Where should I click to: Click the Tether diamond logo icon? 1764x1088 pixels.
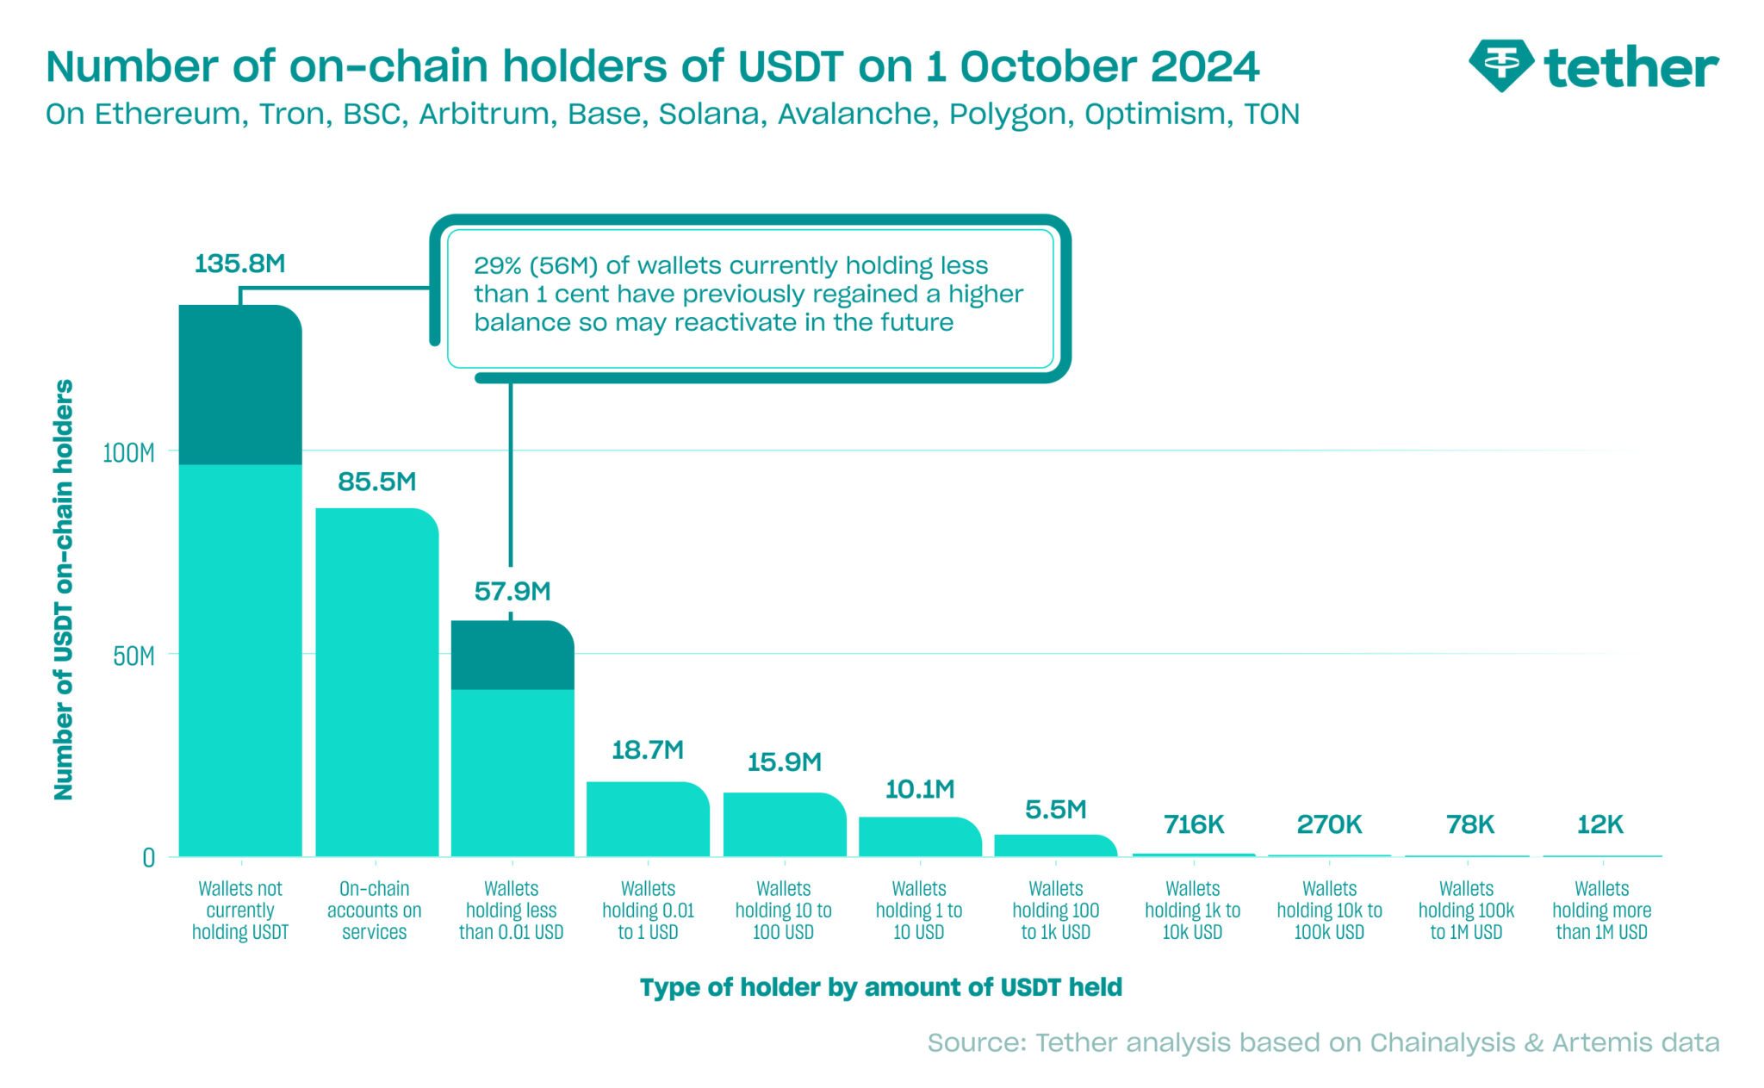1500,65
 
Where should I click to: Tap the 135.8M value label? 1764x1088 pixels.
239,264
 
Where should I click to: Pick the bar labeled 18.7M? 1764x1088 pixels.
648,819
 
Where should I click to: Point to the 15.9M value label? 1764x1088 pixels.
784,762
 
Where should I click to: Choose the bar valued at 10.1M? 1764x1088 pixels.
920,836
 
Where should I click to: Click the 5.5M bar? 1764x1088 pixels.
1055,846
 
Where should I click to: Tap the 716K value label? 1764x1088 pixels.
1193,825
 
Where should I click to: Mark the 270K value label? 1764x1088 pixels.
1329,825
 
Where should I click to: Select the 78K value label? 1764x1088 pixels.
1469,825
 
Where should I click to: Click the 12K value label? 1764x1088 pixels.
1599,825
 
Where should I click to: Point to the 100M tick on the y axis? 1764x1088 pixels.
128,453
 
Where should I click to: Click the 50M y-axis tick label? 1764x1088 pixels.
134,656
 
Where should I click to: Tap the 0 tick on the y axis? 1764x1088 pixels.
149,858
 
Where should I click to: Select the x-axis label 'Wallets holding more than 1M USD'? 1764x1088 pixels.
1601,911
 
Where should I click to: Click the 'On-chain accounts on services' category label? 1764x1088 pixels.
375,911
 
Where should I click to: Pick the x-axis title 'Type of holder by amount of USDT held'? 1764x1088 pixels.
880,987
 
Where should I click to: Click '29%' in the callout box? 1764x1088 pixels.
497,266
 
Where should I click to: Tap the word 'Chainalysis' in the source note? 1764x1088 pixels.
1442,1043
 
